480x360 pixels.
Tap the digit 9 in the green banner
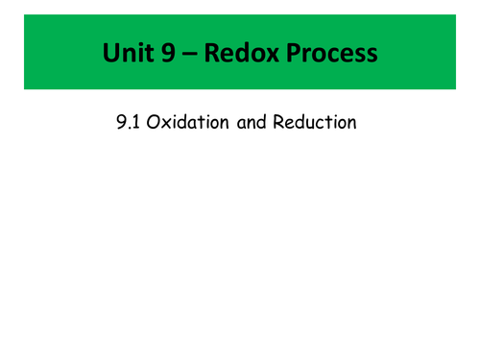[x=167, y=53]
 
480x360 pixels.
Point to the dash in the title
[x=190, y=54]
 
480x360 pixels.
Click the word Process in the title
[x=328, y=53]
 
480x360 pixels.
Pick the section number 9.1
[x=127, y=123]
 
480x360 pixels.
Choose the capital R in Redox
[x=210, y=53]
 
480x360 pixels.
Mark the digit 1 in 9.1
[x=135, y=123]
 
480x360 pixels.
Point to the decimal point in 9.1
[x=129, y=129]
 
